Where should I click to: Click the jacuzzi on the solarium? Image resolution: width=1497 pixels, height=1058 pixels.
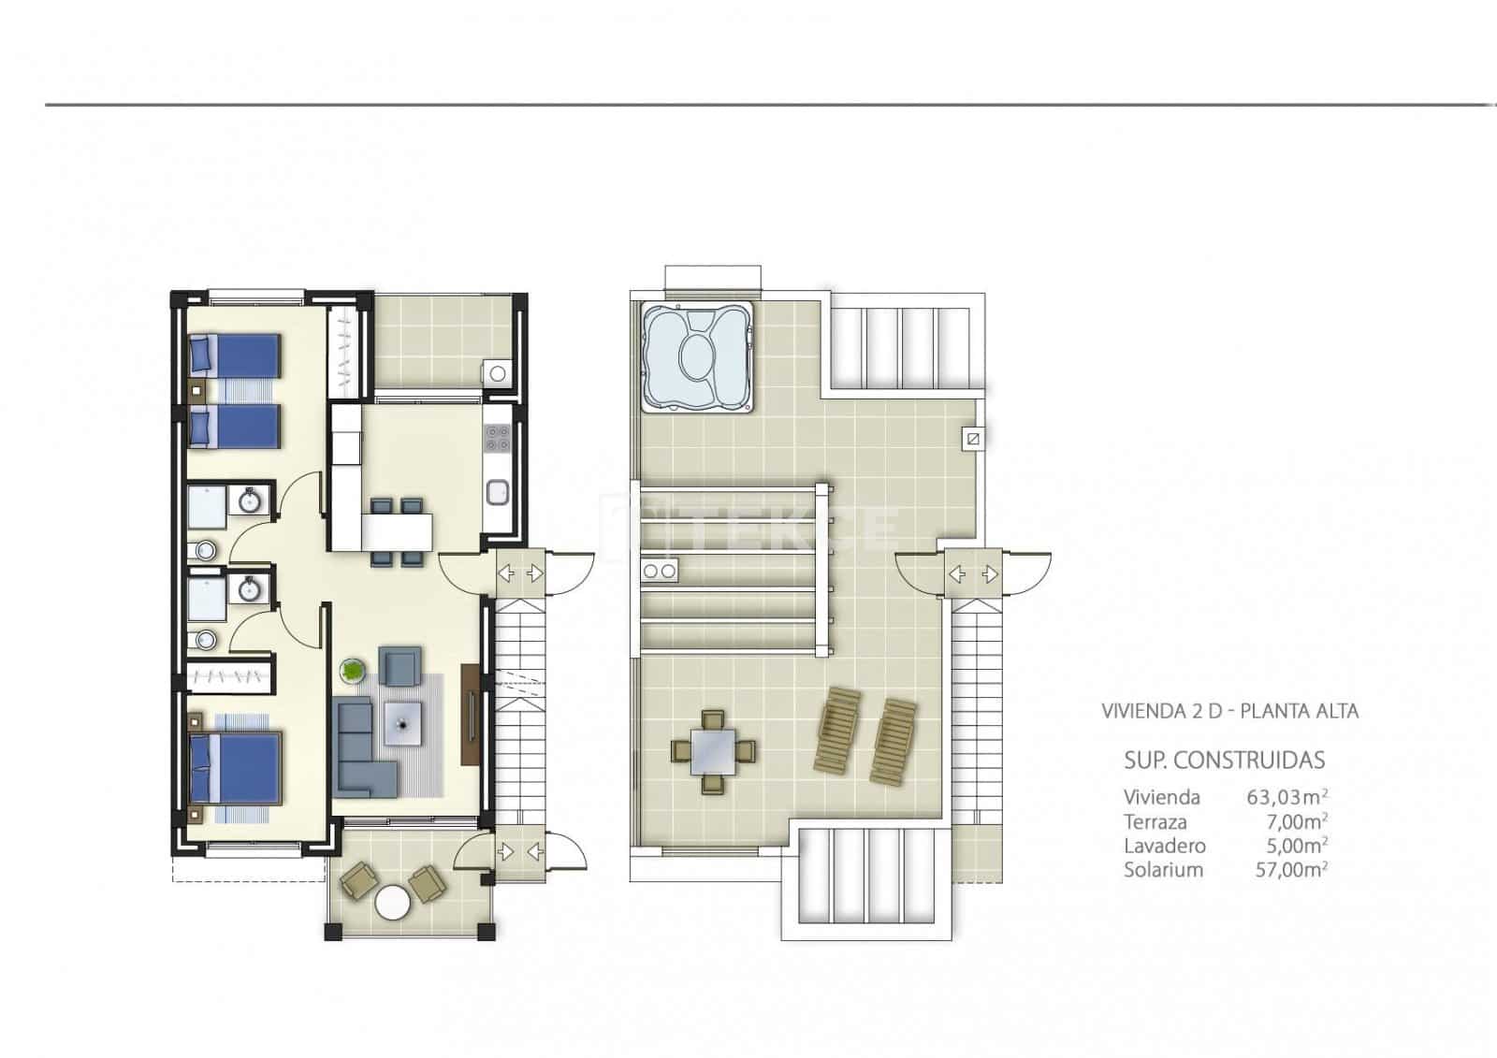click(x=697, y=357)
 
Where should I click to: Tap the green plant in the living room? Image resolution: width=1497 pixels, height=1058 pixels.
click(x=353, y=670)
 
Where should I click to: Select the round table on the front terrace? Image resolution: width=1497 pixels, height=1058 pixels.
click(x=392, y=903)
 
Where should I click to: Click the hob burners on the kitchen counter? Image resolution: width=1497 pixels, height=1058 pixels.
click(x=497, y=437)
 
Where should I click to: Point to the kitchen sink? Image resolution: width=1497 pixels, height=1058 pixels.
click(x=497, y=489)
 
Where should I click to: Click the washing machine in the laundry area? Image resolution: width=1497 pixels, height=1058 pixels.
click(x=497, y=373)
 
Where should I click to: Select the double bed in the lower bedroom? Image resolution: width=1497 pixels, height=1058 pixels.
click(x=236, y=768)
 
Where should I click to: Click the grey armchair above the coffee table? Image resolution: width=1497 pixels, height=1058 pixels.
click(x=399, y=665)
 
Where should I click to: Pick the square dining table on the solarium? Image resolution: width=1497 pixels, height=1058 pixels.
click(x=713, y=751)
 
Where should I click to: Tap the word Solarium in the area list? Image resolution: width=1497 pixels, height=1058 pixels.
click(x=1163, y=870)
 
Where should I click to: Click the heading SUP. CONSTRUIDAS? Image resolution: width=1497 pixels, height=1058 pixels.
click(x=1224, y=760)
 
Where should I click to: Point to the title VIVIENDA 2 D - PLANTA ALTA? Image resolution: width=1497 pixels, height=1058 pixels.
click(x=1229, y=711)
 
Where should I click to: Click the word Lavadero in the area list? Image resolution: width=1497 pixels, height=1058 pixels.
click(x=1164, y=846)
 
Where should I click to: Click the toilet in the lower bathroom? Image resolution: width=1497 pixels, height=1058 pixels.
click(x=206, y=640)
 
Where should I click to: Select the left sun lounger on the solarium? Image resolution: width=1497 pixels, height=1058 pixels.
click(x=838, y=730)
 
